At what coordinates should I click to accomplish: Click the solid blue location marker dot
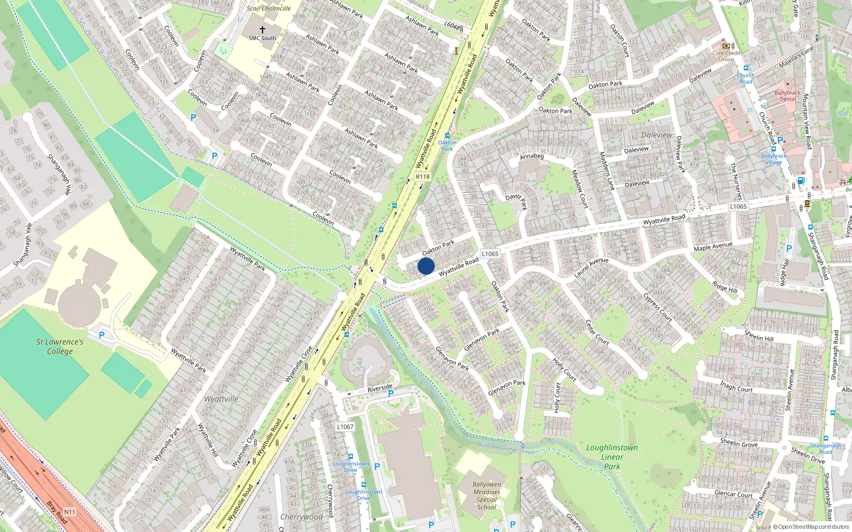click(x=426, y=266)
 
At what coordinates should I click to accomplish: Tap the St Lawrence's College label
click(x=60, y=346)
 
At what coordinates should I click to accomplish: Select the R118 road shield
click(x=423, y=177)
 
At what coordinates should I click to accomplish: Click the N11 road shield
click(x=70, y=512)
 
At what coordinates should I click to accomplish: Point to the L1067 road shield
click(x=345, y=427)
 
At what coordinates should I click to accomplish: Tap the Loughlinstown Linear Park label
click(x=612, y=456)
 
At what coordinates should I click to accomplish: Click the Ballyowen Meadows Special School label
click(x=487, y=495)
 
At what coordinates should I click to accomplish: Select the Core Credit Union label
click(x=726, y=56)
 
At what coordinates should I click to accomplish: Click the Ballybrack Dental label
click(x=788, y=96)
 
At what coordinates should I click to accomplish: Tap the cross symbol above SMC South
click(x=263, y=30)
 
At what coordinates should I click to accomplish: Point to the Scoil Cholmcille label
click(x=269, y=8)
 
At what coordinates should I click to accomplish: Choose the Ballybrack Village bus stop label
click(x=774, y=159)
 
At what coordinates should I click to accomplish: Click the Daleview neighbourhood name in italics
click(x=657, y=135)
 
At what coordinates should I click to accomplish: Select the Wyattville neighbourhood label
click(x=222, y=399)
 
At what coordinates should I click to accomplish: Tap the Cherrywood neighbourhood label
click(x=301, y=517)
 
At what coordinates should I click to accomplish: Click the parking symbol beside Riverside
click(x=391, y=394)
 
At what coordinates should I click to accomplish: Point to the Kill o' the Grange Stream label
click(x=507, y=449)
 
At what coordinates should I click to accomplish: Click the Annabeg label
click(x=532, y=156)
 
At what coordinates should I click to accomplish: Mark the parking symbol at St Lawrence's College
click(x=102, y=335)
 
